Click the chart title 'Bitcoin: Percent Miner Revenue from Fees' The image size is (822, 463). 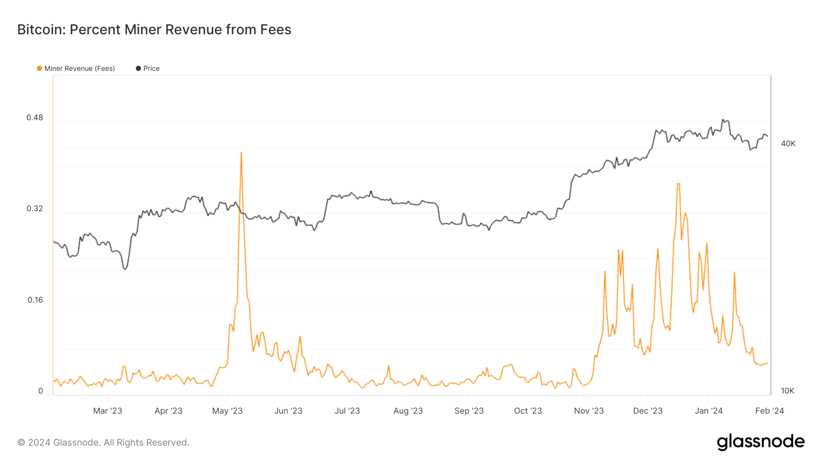point(154,30)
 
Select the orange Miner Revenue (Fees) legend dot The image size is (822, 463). point(39,69)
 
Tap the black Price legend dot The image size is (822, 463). point(138,69)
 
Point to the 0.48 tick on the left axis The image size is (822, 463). point(35,118)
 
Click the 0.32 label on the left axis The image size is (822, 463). point(35,209)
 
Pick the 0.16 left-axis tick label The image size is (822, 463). point(35,300)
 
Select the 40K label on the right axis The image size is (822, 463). point(788,144)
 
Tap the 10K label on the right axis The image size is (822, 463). point(787,391)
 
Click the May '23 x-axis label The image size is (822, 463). point(227,411)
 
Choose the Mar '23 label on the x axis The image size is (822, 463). point(108,411)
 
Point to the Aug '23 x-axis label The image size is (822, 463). point(408,411)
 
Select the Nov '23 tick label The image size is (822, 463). point(589,411)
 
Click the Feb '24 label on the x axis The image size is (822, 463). point(769,411)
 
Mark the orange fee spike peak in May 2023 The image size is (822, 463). point(241,153)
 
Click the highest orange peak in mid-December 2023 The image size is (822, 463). point(679,184)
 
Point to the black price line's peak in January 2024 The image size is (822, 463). point(723,120)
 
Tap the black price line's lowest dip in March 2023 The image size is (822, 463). point(125,269)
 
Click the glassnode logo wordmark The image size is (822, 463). point(761,442)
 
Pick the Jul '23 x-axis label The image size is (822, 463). point(347,411)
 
